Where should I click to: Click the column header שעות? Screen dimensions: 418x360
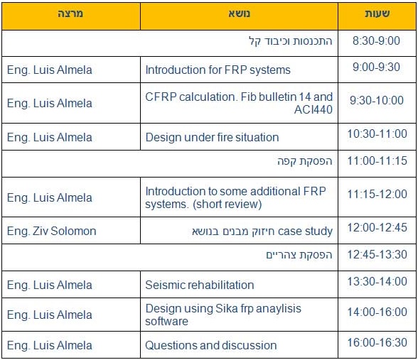[x=377, y=13]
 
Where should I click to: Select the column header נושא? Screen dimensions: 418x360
[x=239, y=13]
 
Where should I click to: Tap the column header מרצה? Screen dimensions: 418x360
[x=70, y=13]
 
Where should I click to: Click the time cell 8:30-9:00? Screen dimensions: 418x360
[x=376, y=40]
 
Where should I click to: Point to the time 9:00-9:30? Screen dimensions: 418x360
[x=376, y=67]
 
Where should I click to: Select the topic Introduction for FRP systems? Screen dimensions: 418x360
[x=218, y=70]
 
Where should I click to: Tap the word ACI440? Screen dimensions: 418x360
[x=313, y=109]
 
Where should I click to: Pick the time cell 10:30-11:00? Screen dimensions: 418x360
[x=377, y=133]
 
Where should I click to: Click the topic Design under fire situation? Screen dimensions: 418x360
[x=212, y=138]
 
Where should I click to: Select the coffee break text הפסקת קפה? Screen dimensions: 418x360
[x=305, y=161]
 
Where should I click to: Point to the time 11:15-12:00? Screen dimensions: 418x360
[x=377, y=194]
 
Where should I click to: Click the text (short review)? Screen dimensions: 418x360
[x=227, y=204]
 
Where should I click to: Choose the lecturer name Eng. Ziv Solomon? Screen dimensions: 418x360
[x=51, y=231]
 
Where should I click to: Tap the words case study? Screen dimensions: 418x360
[x=305, y=231]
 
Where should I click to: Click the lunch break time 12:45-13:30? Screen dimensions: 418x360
[x=377, y=254]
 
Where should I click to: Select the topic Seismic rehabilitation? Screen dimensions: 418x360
[x=199, y=285]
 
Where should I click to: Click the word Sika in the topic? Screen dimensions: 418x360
[x=226, y=308]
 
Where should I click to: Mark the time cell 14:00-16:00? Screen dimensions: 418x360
[x=377, y=312]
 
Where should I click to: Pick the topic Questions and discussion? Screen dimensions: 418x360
[x=211, y=345]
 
